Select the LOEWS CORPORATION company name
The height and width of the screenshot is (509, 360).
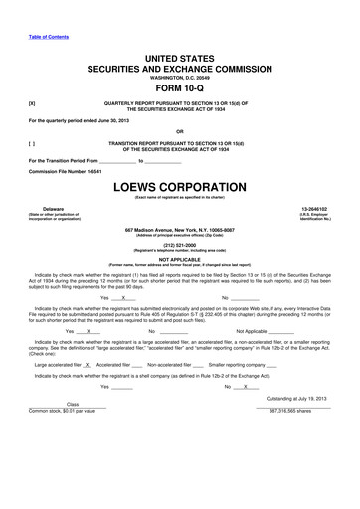[179, 187]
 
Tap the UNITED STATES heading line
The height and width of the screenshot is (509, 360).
[179, 60]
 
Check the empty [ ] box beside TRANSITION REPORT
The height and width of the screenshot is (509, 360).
[33, 143]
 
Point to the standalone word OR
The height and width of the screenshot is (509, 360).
[179, 130]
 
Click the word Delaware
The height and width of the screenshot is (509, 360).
[42, 209]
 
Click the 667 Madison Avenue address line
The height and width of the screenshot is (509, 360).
[179, 229]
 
